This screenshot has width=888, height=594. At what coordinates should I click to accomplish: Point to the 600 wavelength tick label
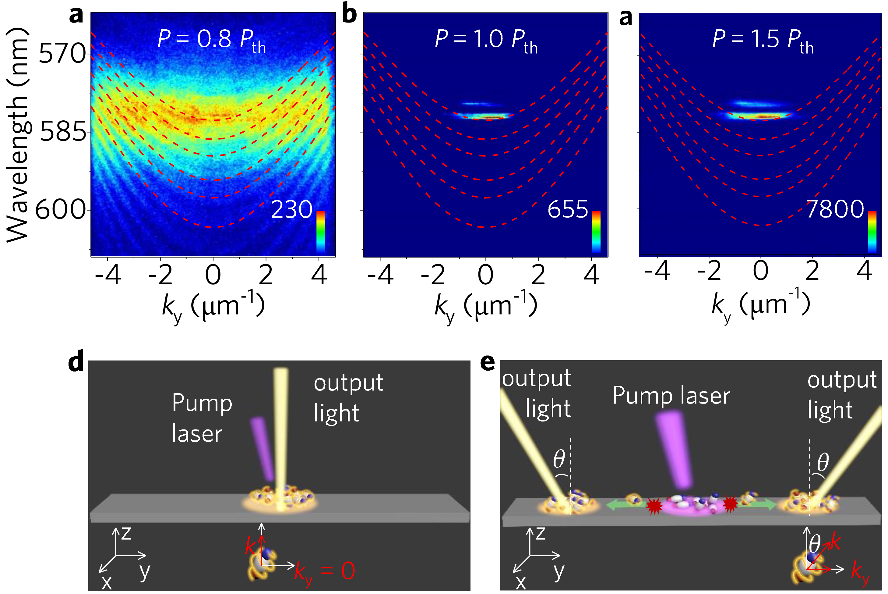tap(61, 209)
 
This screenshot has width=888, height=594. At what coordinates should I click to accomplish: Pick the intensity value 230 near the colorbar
tap(291, 209)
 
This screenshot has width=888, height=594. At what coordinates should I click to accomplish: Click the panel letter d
tap(76, 362)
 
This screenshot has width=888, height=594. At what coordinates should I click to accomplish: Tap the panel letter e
tap(487, 362)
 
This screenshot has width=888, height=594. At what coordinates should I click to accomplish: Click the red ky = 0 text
tap(325, 571)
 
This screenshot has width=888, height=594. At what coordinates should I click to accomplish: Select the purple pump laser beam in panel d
tap(262, 447)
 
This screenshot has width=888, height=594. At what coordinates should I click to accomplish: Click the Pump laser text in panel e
tap(671, 396)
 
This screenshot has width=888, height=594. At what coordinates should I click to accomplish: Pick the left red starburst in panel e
tap(654, 506)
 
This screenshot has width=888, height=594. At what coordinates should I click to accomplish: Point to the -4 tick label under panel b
tap(380, 275)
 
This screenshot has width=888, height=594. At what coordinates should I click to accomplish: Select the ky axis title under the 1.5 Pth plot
tap(761, 305)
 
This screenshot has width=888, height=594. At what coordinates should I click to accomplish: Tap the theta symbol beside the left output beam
tap(559, 460)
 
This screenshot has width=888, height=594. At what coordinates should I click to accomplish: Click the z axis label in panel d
tap(126, 533)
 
